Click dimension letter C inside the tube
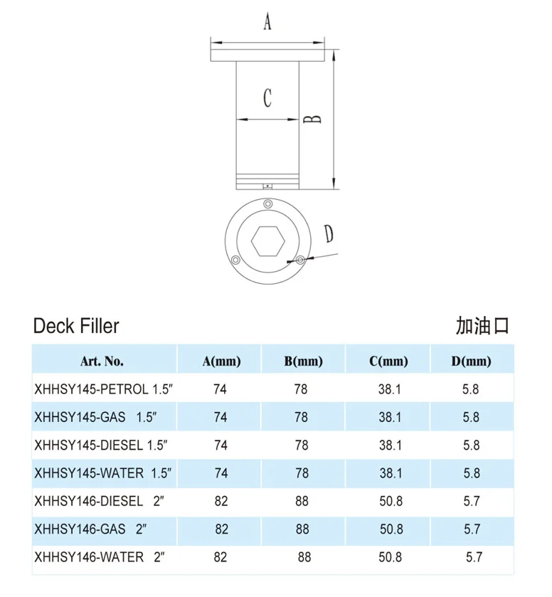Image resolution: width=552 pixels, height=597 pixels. [267, 97]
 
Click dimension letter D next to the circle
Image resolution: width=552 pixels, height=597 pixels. [329, 233]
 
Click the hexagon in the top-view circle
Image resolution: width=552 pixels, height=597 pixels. [267, 242]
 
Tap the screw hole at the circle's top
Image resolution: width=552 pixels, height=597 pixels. [267, 205]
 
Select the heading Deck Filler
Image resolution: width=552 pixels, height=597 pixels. [76, 327]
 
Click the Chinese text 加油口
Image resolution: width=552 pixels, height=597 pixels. [483, 326]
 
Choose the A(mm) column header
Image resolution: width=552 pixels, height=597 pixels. [221, 361]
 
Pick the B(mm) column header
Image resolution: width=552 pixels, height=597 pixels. [303, 361]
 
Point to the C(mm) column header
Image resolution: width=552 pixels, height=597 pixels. [388, 361]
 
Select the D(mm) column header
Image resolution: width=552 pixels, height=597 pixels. [471, 361]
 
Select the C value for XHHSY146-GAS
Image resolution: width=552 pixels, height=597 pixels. [391, 529]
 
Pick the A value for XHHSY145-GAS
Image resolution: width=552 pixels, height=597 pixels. [221, 418]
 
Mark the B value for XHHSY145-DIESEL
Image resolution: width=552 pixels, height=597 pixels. [302, 445]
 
